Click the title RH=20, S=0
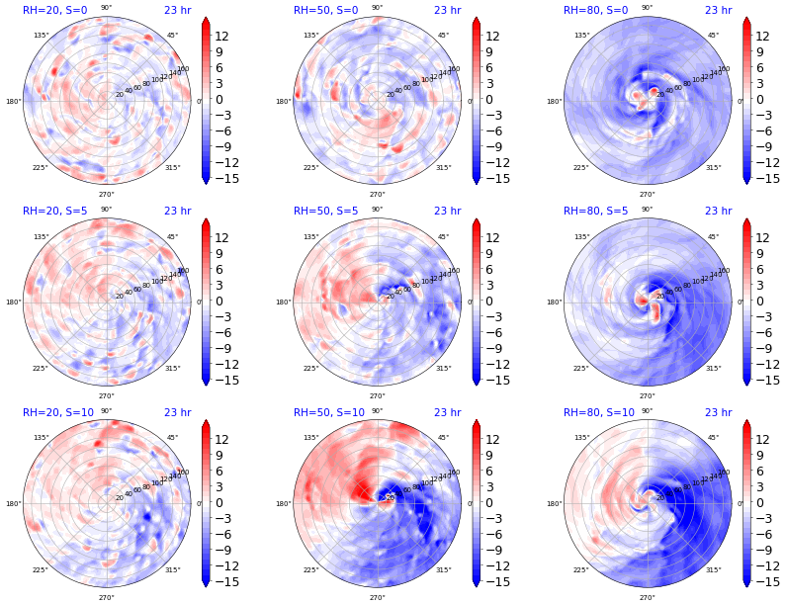tap(55, 10)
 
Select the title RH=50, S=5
tap(326, 211)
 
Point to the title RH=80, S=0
tap(596, 10)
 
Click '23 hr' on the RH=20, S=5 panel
tap(177, 211)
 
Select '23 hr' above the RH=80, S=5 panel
tap(718, 211)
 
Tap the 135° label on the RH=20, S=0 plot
tap(41, 36)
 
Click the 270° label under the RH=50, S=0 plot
tap(377, 195)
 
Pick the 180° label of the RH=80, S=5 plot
tap(554, 302)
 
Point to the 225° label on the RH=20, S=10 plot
tap(41, 570)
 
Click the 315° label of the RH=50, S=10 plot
tap(443, 570)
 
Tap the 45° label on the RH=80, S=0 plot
tap(713, 36)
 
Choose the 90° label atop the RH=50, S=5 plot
tap(377, 210)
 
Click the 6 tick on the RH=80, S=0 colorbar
tap(762, 68)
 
